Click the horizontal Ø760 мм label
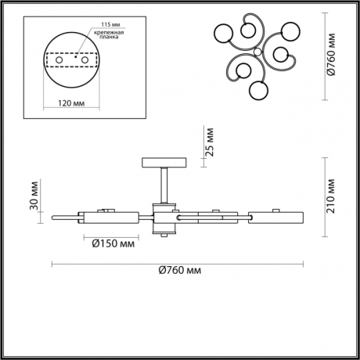pyautogui.click(x=178, y=270)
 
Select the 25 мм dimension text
pyautogui.click(x=209, y=142)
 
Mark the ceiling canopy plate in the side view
pyautogui.click(x=164, y=163)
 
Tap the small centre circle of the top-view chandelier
pyautogui.click(x=257, y=51)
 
